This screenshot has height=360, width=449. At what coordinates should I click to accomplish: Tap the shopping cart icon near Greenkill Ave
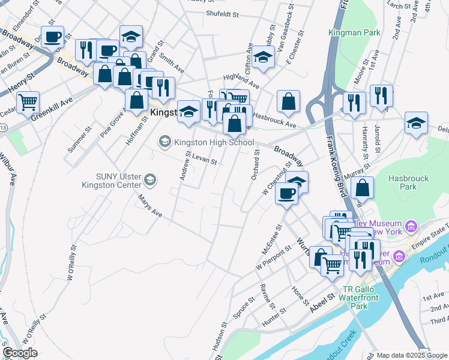28,103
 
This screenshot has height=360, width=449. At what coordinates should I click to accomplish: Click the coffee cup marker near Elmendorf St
52,37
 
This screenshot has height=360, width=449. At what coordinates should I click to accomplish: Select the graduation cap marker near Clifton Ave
263,57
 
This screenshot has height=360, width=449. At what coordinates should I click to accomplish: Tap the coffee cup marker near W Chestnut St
286,194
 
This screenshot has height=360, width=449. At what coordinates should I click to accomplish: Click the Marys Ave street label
150,205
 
